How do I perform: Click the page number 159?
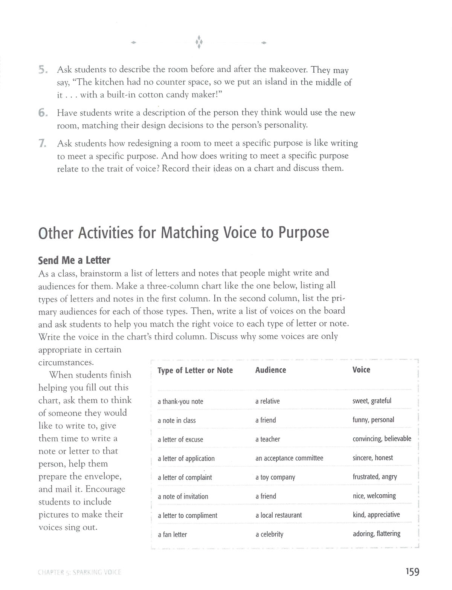(412, 572)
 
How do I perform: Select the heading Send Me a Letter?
(74, 260)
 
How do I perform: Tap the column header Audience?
(270, 370)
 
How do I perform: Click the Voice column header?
(361, 370)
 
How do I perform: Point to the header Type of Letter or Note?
(195, 370)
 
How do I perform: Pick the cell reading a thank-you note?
(180, 401)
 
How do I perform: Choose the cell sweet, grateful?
(372, 400)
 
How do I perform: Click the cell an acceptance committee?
(289, 458)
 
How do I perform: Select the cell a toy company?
(275, 477)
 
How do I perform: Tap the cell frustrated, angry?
(375, 477)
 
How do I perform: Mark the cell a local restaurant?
(279, 515)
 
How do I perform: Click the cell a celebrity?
(269, 534)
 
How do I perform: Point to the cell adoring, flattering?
(377, 533)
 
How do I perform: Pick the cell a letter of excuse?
(180, 439)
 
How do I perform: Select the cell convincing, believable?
(382, 439)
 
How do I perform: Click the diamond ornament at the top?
(199, 42)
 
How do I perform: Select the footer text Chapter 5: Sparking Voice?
(79, 572)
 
